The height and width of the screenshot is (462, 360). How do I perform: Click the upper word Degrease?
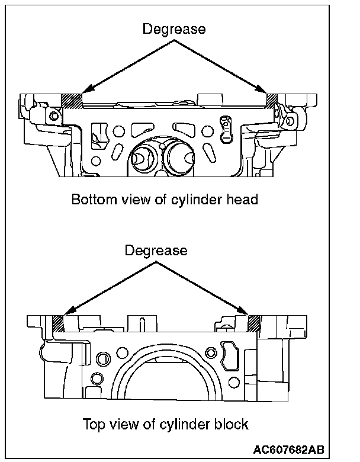coord(174,29)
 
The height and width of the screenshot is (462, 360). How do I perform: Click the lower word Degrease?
coord(156,251)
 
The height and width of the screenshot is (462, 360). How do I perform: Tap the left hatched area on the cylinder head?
coord(72,100)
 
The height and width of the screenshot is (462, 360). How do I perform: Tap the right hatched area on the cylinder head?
coord(273,100)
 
